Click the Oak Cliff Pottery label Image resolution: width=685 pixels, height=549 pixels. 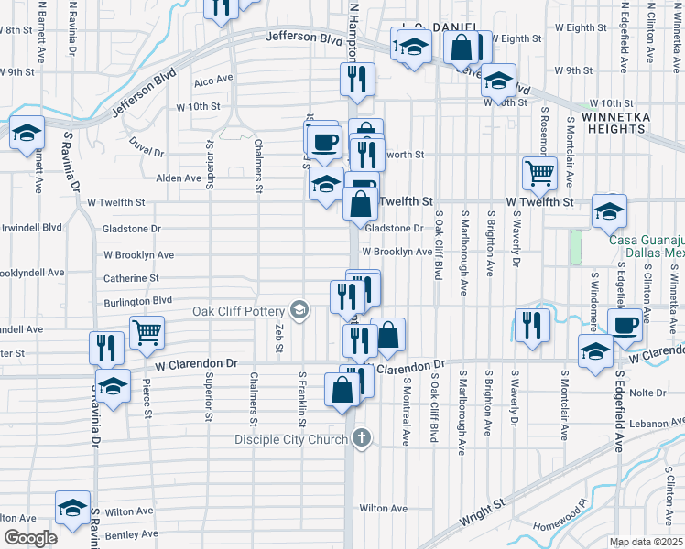[x=241, y=310]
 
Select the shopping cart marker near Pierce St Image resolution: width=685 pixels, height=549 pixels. [x=147, y=332]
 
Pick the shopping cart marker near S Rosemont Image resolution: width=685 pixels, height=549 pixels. [x=539, y=171]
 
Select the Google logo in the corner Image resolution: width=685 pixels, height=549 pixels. [x=31, y=537]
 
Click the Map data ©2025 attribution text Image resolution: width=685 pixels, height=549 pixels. [x=646, y=542]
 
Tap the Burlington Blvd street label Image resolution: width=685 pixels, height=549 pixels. [x=137, y=300]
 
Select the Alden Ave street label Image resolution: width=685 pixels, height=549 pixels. [x=179, y=178]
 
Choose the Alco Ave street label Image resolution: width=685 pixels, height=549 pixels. [x=212, y=81]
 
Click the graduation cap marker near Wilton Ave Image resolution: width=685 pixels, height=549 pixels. [x=72, y=509]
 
